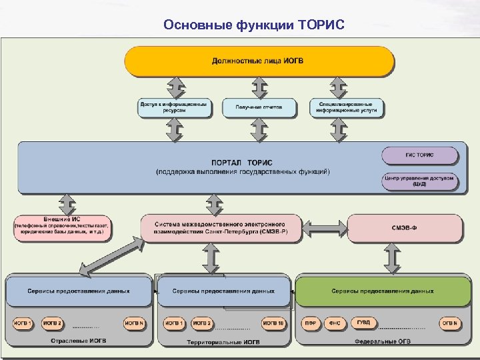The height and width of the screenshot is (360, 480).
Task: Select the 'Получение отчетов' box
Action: tap(259, 107)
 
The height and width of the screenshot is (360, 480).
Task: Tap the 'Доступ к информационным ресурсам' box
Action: tap(174, 107)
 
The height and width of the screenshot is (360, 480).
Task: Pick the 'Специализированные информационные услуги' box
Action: tap(347, 107)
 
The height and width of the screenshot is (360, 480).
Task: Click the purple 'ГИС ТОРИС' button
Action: tap(419, 155)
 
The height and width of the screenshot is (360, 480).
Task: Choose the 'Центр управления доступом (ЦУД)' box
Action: tap(419, 181)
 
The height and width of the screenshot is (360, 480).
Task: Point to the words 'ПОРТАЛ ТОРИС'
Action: tap(241, 163)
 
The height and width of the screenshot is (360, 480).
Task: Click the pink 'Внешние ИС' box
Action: tap(61, 228)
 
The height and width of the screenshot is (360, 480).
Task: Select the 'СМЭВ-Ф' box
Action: tap(404, 228)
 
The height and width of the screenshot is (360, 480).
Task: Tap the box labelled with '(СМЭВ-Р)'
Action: tap(219, 228)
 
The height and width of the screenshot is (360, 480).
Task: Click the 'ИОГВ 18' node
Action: tap(273, 323)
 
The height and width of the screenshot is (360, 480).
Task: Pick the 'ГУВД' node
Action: tap(363, 323)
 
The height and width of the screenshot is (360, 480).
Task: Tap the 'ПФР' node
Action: tap(310, 323)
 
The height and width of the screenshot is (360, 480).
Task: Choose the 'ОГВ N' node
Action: tap(450, 323)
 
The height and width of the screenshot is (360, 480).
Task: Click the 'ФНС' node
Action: tap(335, 323)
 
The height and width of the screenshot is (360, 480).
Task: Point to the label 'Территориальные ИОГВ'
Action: tap(223, 342)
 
